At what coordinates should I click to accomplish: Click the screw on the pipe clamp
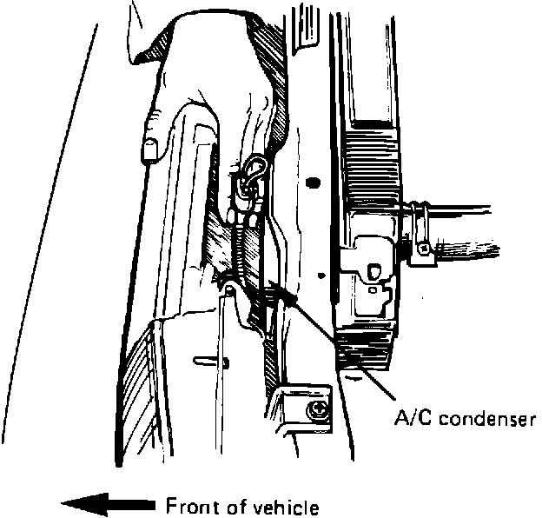click(423, 249)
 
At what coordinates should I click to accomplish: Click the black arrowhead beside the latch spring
click(288, 295)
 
